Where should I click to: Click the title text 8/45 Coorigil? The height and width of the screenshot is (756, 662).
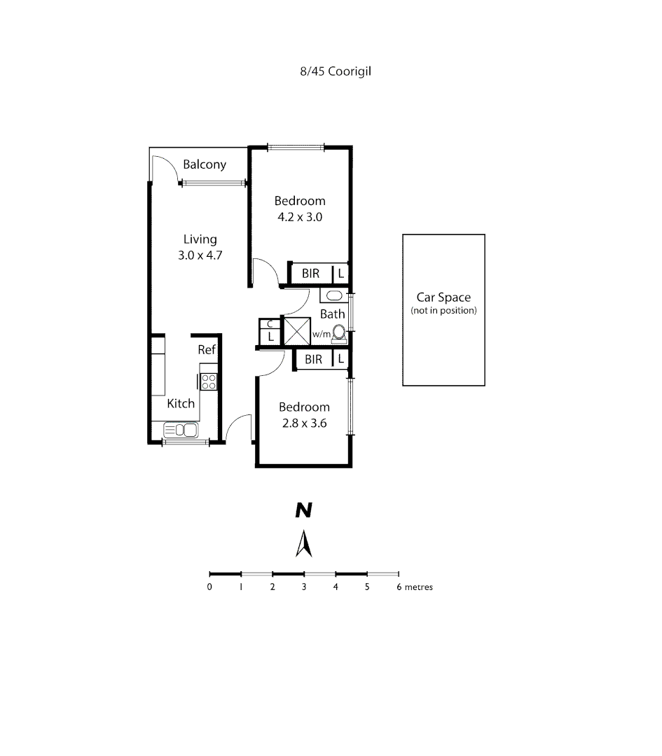[x=330, y=71]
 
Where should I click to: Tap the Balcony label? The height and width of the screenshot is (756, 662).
[x=205, y=165]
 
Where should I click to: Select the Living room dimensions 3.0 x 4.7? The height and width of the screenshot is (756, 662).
[x=200, y=255]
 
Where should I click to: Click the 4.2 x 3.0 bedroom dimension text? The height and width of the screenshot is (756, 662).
[x=300, y=217]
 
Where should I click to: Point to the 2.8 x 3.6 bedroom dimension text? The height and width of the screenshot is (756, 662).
[x=304, y=423]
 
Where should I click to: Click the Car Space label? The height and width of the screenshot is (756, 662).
[x=443, y=297]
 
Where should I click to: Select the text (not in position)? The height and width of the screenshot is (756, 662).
[x=443, y=311]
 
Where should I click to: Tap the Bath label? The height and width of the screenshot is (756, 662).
[x=332, y=314]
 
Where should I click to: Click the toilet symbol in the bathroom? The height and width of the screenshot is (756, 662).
[x=339, y=333]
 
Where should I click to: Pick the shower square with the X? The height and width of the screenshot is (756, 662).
[x=296, y=330]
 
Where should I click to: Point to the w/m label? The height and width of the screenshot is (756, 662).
[x=321, y=335]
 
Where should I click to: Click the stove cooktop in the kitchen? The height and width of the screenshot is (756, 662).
[x=209, y=381]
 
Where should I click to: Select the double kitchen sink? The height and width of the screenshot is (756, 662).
[x=181, y=429]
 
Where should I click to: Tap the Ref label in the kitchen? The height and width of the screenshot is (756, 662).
[x=206, y=350]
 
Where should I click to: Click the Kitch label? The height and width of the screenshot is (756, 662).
[x=181, y=404]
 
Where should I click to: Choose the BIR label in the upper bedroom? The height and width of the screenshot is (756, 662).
[x=310, y=274]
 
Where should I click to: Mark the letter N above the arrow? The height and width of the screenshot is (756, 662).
[x=303, y=511]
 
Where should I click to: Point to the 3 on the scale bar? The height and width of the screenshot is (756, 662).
[x=304, y=587]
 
